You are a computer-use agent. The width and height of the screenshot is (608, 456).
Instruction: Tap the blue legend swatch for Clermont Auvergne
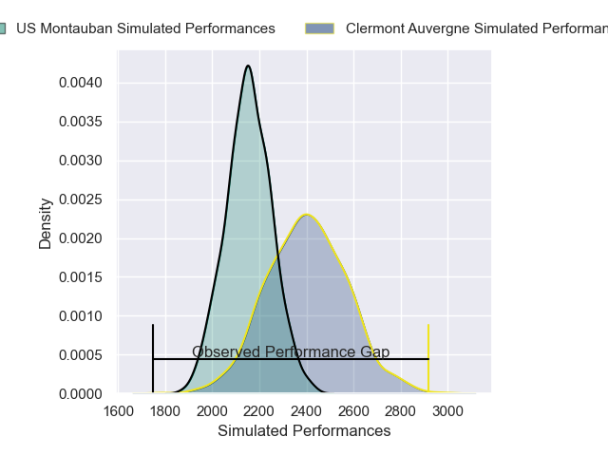pos(319,28)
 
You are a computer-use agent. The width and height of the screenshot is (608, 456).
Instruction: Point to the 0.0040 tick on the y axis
pos(85,83)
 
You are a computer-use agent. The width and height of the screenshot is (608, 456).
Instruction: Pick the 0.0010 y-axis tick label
pos(85,316)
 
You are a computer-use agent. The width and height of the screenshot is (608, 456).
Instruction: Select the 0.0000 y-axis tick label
pos(85,394)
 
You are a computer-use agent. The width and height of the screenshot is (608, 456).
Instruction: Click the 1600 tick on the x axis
pos(119,412)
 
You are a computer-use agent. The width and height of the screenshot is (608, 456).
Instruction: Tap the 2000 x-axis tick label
pos(213,412)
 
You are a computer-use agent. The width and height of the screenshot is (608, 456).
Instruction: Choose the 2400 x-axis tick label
pos(307,412)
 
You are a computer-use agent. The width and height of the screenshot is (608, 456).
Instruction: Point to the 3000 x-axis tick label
pos(447,412)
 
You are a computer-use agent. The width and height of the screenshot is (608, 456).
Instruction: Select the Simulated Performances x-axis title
pos(304,431)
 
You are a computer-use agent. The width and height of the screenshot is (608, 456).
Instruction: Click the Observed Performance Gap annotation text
pos(291,352)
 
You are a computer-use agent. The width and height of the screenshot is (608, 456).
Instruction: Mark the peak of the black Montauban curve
pos(248,66)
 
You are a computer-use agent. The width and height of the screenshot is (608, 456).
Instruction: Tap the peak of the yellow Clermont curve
pos(306,215)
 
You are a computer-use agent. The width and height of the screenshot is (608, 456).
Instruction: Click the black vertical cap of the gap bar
pos(153,358)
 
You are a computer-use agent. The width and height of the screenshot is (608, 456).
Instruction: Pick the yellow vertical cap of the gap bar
pos(428,358)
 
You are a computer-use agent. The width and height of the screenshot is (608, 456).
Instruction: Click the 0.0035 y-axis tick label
pos(85,122)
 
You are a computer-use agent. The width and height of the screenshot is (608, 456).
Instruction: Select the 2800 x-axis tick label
pos(401,412)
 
